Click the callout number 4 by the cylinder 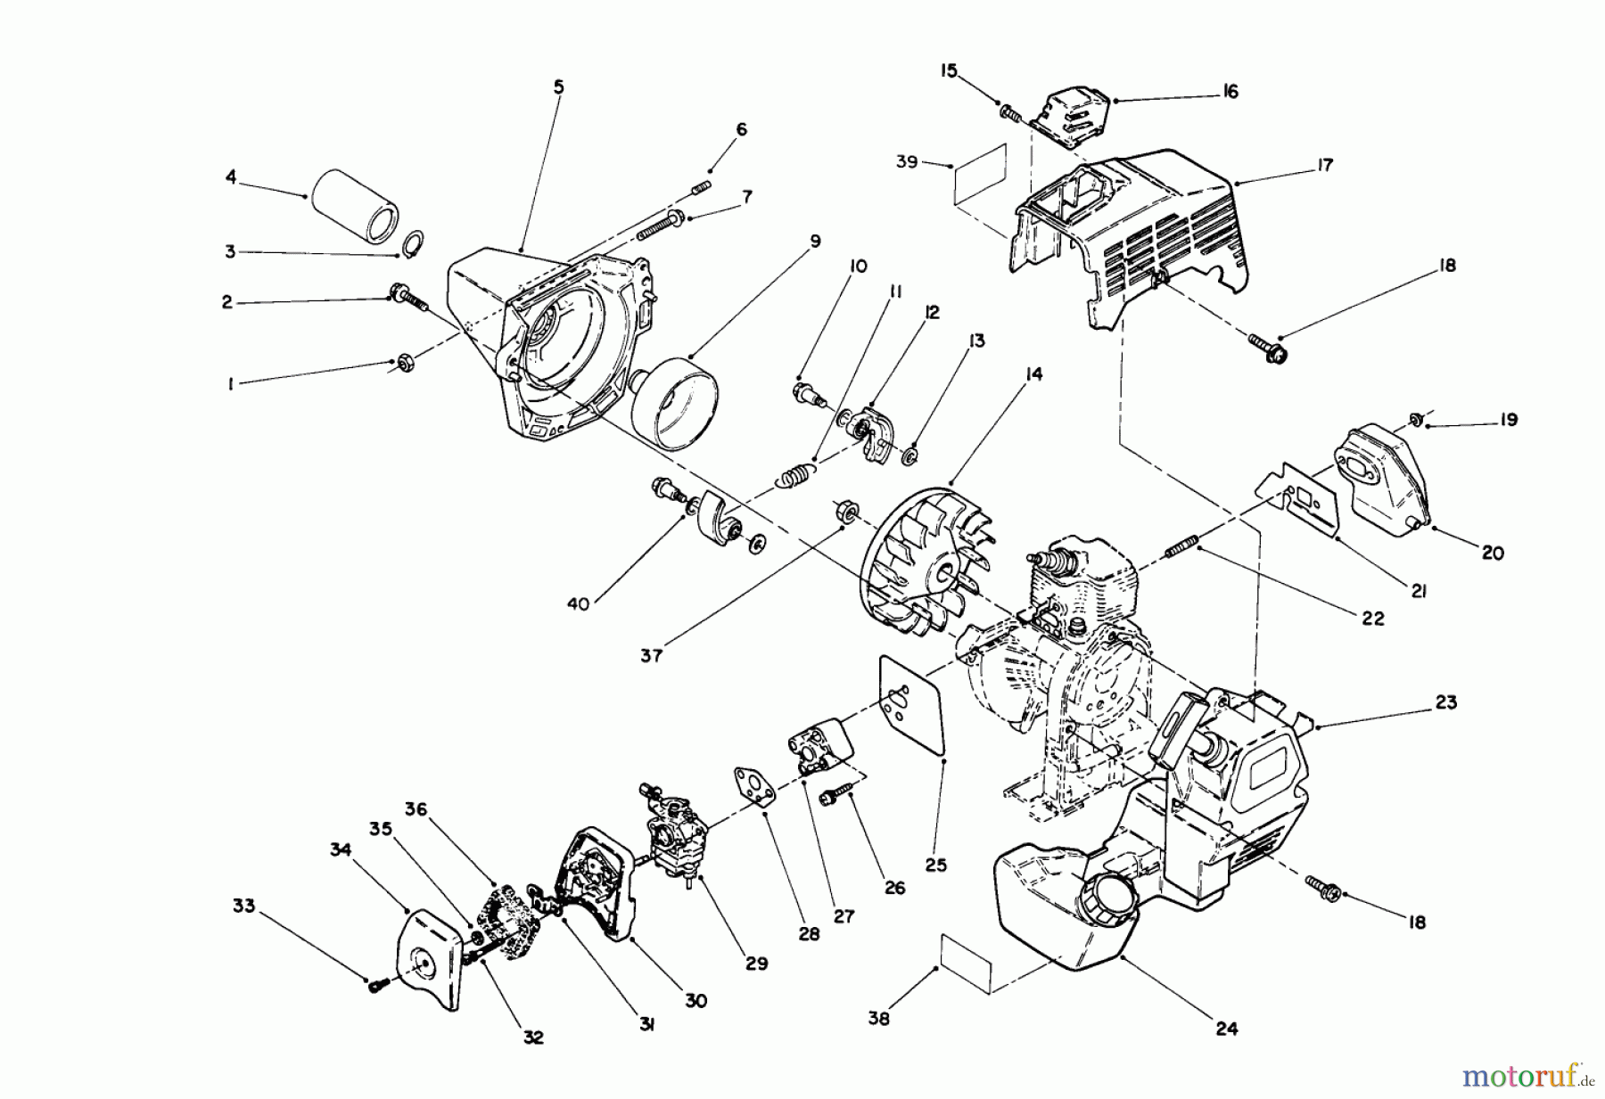click(231, 177)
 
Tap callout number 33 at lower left click(243, 906)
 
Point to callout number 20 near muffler click(1493, 554)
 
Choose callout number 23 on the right click(1445, 702)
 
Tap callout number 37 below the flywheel click(651, 655)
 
